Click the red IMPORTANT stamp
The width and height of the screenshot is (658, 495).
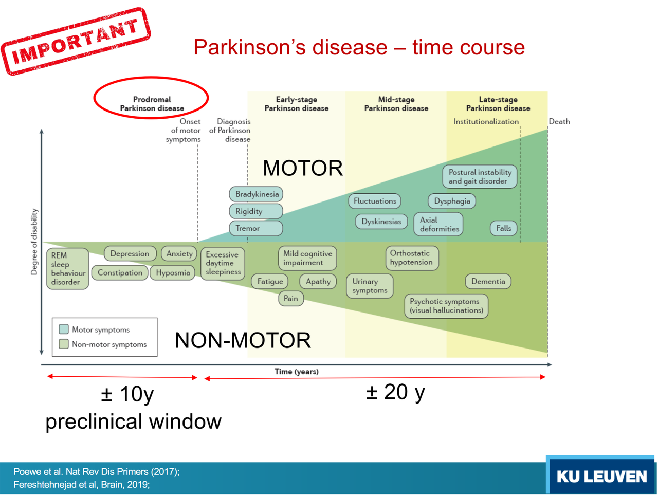[x=76, y=41]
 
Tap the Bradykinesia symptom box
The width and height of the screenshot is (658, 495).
[x=256, y=194]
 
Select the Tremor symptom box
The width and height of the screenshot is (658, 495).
[x=256, y=228]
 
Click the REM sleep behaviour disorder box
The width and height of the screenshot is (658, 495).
[x=67, y=268]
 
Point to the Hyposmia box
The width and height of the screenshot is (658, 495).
[x=173, y=273]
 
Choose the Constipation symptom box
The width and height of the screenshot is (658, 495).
[x=120, y=273]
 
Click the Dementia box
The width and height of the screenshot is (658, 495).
[x=488, y=282]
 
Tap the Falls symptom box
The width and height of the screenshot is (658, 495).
[x=503, y=228]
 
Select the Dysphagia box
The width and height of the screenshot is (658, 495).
[x=452, y=201]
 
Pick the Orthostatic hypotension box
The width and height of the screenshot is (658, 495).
[x=411, y=258]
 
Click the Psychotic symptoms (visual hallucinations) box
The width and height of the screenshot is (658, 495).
[x=446, y=306]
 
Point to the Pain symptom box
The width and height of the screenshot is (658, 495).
[x=290, y=299]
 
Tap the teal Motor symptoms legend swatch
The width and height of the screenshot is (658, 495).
[x=64, y=329]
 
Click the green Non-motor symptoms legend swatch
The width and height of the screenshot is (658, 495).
[x=64, y=344]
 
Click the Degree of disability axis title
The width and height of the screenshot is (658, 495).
[x=34, y=242]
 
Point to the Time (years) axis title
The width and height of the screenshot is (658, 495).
[x=297, y=372]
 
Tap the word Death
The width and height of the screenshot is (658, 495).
[x=559, y=122]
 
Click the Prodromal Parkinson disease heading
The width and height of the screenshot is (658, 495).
[x=152, y=104]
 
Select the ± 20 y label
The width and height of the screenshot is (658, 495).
[x=395, y=392]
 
